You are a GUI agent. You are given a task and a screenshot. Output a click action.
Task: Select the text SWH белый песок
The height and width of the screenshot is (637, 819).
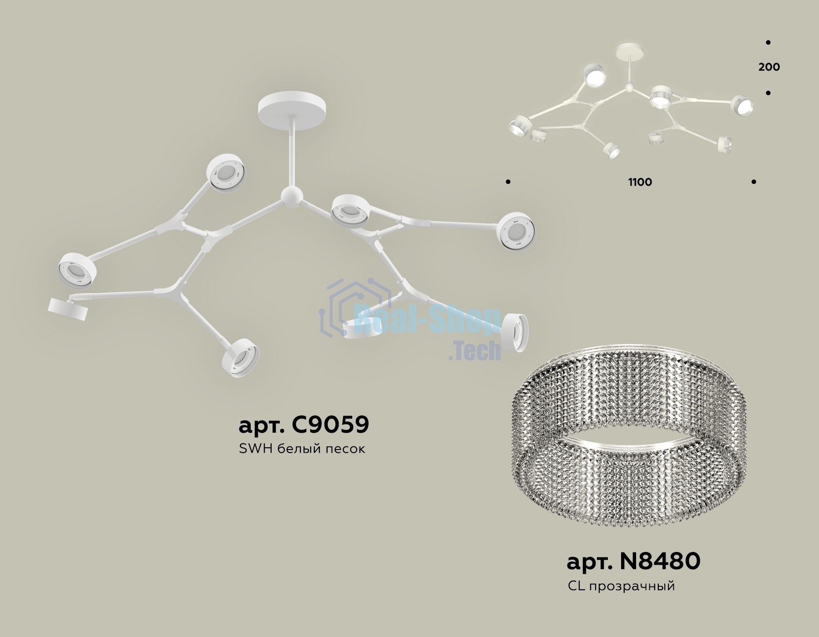302,449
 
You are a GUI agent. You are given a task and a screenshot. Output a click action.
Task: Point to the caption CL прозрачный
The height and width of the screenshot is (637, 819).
621,586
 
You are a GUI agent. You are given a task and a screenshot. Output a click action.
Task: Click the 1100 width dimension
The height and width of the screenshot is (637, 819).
640,182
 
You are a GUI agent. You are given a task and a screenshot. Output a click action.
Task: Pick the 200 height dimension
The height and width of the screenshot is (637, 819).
769,67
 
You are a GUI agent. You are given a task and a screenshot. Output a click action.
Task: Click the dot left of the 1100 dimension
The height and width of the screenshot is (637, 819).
508,182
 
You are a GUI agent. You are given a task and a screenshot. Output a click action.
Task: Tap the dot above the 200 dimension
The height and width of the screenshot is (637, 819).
768,43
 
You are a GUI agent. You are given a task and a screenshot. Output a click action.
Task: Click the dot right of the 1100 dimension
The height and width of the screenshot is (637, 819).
754,182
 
